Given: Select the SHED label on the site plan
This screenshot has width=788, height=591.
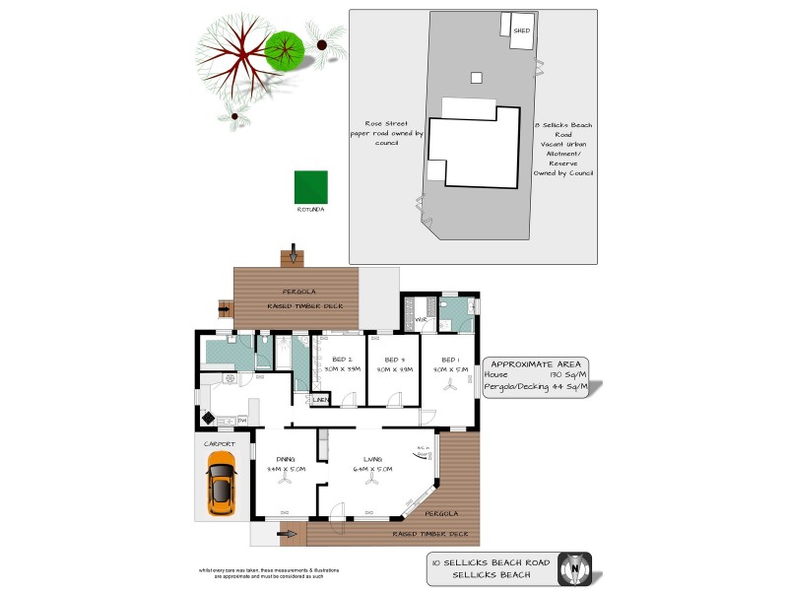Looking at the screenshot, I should tap(522, 31).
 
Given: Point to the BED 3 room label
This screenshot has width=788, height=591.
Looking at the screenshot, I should tap(395, 359).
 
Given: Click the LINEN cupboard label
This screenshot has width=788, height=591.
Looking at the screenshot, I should tap(320, 400).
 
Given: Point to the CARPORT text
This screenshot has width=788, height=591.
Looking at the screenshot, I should tap(220, 444).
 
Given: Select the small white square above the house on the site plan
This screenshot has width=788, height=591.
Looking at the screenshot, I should tap(477, 77).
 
